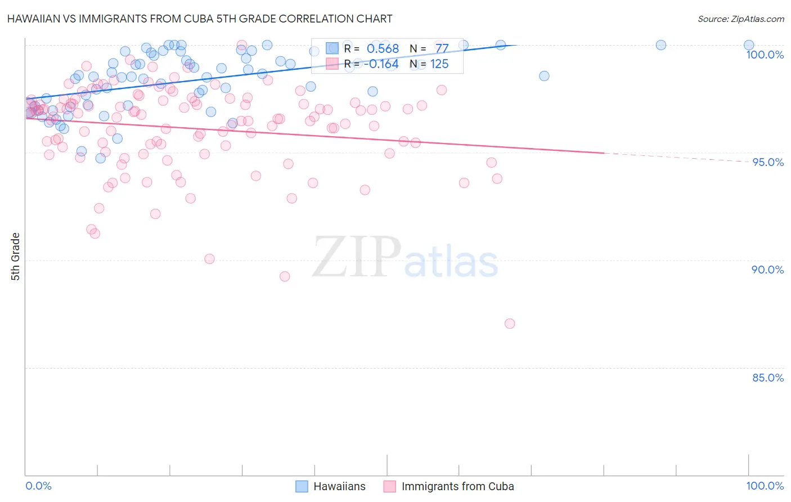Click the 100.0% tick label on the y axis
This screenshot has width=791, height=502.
(765, 55)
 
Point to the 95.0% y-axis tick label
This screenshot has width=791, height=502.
(768, 162)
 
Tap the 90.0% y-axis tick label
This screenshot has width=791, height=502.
(767, 270)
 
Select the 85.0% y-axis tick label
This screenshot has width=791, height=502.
(767, 378)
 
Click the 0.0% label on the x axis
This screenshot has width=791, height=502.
(38, 486)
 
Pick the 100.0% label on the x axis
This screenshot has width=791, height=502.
(765, 486)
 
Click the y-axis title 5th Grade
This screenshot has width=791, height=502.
(16, 257)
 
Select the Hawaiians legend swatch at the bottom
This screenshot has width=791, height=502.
(302, 486)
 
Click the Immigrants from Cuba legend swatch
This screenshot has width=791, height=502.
(390, 486)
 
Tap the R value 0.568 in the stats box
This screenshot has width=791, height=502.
(383, 49)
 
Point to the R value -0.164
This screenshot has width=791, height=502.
(381, 64)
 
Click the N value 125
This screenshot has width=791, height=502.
(439, 64)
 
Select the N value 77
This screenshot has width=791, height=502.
(442, 49)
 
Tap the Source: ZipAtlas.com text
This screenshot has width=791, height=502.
(740, 19)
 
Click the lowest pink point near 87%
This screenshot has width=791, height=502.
(510, 324)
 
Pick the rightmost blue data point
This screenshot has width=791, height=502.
(749, 45)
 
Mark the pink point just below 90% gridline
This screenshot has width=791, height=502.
(285, 276)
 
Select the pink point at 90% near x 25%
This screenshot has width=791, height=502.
(209, 259)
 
